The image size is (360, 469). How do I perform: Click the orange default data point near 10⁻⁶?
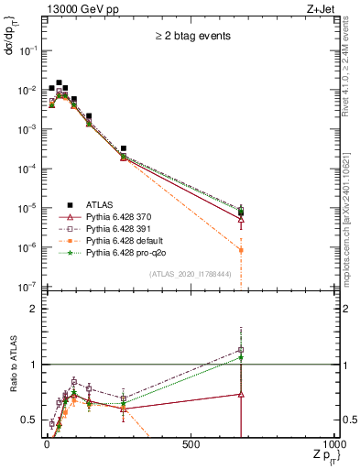(x=241, y=250)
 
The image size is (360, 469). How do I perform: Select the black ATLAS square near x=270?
(x=124, y=147)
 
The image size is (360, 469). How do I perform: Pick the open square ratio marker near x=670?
(x=241, y=350)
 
